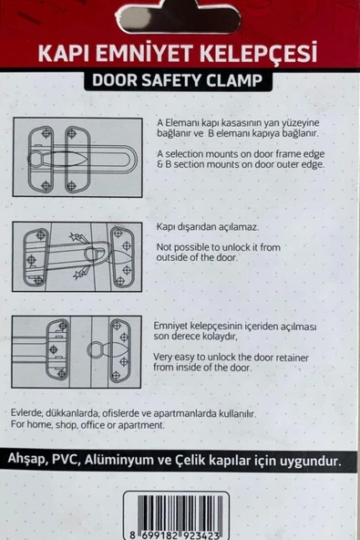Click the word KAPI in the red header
[x=64, y=53]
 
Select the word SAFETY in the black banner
[x=171, y=80]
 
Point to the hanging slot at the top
[x=179, y=20]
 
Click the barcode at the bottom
[x=176, y=514]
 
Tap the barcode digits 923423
[x=201, y=535]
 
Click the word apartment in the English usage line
[x=141, y=425]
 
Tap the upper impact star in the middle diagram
[x=76, y=238]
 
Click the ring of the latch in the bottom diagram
[x=95, y=350]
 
